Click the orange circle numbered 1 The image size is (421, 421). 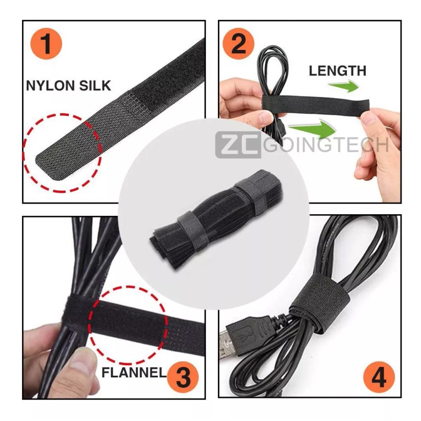pyautogui.click(x=47, y=44)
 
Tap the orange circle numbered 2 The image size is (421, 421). pyautogui.click(x=238, y=44)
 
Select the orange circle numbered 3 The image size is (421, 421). pyautogui.click(x=183, y=375)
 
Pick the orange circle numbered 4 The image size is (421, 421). pyautogui.click(x=378, y=375)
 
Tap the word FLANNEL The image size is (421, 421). pyautogui.click(x=133, y=374)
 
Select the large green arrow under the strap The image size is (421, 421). pyautogui.click(x=313, y=128)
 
